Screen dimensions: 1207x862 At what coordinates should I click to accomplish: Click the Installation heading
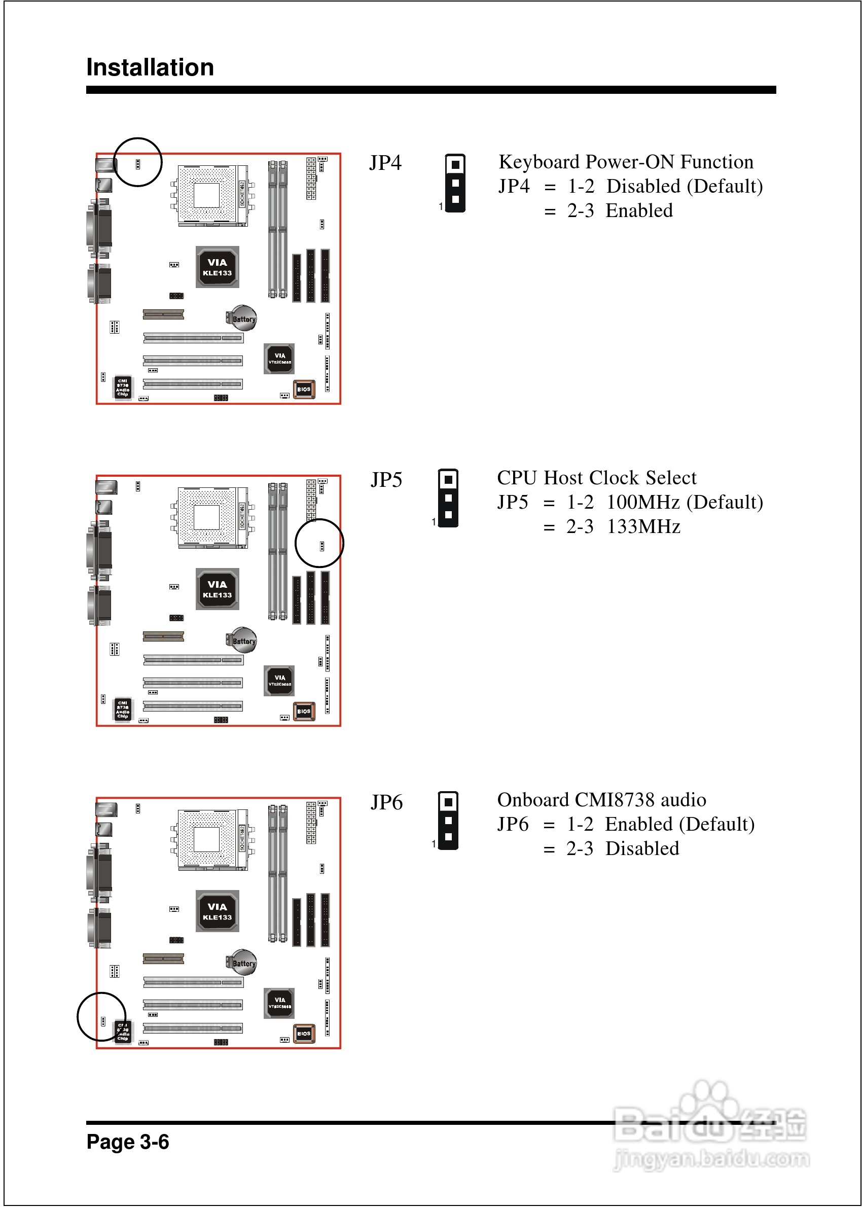coord(150,67)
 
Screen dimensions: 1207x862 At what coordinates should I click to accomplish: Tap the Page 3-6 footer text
coord(127,1141)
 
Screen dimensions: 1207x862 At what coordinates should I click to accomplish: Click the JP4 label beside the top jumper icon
coord(385,162)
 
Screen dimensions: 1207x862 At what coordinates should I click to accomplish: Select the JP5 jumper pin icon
coord(448,498)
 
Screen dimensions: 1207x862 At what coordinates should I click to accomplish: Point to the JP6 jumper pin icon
coord(448,820)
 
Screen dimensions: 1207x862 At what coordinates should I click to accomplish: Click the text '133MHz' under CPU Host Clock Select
coord(643,526)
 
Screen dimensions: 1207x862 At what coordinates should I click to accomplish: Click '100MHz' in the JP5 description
coord(643,502)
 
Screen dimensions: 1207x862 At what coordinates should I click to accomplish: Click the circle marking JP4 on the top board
coord(138,162)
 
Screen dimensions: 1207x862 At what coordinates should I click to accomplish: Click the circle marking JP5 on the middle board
coord(319,543)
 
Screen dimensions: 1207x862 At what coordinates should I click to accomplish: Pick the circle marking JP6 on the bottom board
coord(101,1016)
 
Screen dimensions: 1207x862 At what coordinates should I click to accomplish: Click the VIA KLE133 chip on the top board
coord(217,267)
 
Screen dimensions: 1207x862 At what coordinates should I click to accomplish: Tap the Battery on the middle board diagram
coord(242,641)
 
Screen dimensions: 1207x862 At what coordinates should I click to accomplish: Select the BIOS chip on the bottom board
coord(304,1033)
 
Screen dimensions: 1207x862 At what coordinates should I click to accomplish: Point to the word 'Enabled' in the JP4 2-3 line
coord(639,211)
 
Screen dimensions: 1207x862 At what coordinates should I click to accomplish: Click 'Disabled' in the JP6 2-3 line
coord(642,849)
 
